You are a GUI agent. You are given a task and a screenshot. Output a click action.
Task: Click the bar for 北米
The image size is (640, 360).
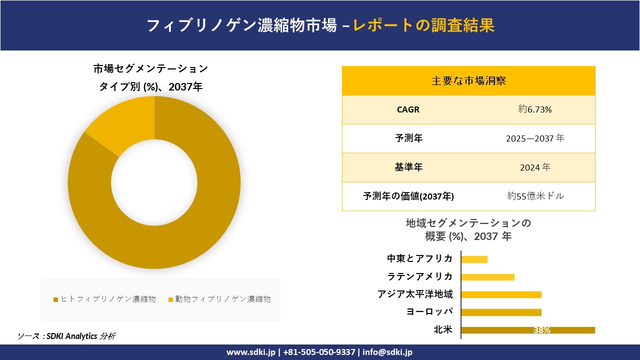pyautogui.click(x=527, y=330)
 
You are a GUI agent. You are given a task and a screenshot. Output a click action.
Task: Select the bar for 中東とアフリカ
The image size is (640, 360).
pyautogui.click(x=474, y=259)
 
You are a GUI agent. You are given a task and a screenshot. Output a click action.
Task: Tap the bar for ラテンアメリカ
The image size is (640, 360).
pyautogui.click(x=487, y=277)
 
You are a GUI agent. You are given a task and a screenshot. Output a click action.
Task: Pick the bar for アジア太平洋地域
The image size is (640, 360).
pyautogui.click(x=501, y=294)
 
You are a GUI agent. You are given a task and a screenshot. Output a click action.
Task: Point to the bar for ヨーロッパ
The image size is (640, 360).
pyautogui.click(x=501, y=312)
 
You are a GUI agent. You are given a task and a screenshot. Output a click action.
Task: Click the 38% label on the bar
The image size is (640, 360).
pyautogui.click(x=541, y=330)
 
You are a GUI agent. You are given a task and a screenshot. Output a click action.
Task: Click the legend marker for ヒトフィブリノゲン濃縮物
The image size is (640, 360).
pyautogui.click(x=56, y=299)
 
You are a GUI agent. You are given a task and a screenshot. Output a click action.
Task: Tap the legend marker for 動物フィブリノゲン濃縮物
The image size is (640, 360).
pyautogui.click(x=170, y=299)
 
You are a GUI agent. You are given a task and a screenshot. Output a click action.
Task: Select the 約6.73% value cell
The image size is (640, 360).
pyautogui.click(x=535, y=109)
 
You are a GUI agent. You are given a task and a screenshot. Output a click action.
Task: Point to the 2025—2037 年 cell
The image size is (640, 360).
pyautogui.click(x=535, y=138)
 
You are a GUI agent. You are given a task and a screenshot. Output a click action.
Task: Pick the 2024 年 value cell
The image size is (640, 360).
pyautogui.click(x=535, y=167)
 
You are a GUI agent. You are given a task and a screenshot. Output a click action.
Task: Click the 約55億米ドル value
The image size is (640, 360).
pyautogui.click(x=535, y=196)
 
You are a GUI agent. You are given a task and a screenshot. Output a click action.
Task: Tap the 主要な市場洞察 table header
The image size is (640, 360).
pyautogui.click(x=468, y=80)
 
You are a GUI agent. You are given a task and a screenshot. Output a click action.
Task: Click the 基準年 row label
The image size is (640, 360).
pyautogui.click(x=408, y=167)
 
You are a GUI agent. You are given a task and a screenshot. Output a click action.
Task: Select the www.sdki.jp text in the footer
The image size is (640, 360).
pyautogui.click(x=250, y=352)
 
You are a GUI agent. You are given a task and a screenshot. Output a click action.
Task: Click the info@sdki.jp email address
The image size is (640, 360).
pyautogui.click(x=388, y=352)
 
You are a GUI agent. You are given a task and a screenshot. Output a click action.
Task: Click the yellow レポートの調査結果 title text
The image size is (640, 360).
pyautogui.click(x=423, y=25)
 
